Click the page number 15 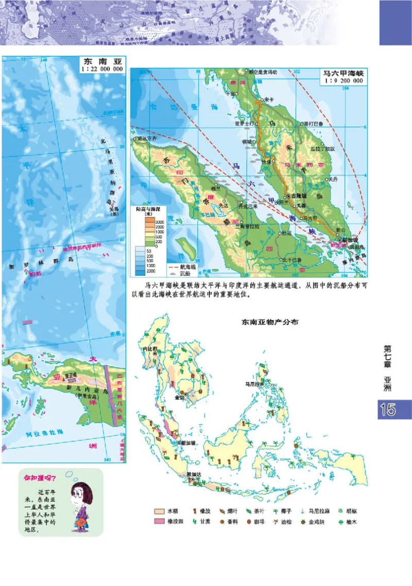click(388, 410)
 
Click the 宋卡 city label click(268, 99)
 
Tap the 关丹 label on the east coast click(332, 179)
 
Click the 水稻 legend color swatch click(159, 511)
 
